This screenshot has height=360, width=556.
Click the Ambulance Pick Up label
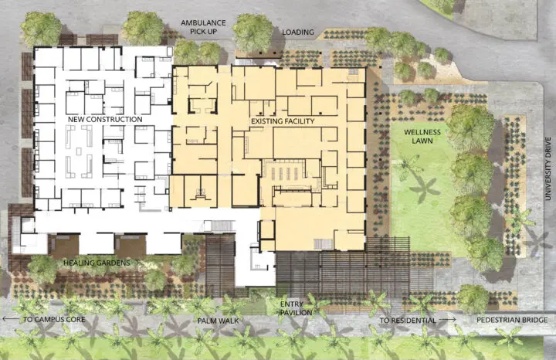point(203,27)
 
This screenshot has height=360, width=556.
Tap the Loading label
point(298,32)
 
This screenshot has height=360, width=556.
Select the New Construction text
point(105,120)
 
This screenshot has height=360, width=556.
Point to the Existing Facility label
point(283,121)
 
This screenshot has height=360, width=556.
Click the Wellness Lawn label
point(422,137)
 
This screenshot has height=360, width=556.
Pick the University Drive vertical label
point(548,168)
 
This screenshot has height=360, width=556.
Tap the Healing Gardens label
point(97,263)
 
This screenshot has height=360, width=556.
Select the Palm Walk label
point(218,321)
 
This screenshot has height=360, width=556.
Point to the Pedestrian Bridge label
point(512,321)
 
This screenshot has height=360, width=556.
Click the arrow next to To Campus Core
point(11,319)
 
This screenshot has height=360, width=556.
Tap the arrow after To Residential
point(447,320)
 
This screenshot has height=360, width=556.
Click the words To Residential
point(408,321)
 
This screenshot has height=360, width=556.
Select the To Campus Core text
point(54,319)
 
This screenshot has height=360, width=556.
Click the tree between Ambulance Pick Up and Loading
point(253,32)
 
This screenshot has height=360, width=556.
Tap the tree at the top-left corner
point(41,29)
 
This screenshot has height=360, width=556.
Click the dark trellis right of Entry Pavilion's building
point(343,273)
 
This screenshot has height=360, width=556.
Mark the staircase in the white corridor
point(219,226)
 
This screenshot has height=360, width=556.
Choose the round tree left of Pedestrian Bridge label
point(473,299)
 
